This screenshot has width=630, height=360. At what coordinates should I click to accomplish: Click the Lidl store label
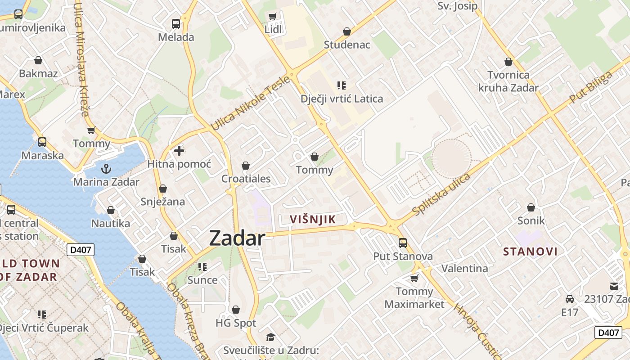(273, 29)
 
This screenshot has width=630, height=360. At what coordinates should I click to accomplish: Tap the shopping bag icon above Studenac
(346, 31)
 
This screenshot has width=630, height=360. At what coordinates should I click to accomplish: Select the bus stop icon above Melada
(176, 23)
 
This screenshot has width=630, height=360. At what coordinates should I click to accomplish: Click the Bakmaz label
(38, 73)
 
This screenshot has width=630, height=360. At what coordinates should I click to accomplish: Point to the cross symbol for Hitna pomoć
(179, 151)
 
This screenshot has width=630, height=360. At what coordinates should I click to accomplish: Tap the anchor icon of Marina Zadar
(106, 169)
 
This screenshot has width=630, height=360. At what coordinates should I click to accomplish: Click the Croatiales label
(246, 179)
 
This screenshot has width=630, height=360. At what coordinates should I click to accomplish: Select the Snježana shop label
(162, 201)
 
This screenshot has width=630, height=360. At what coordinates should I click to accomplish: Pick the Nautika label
(111, 223)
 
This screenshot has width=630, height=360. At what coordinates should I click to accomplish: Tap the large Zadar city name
(237, 238)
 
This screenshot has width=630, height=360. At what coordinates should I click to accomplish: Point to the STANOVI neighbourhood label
(530, 252)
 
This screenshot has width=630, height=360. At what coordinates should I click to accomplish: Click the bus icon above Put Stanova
(403, 243)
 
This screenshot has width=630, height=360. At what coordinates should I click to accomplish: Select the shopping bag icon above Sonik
(531, 207)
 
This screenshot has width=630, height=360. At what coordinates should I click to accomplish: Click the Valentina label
(464, 269)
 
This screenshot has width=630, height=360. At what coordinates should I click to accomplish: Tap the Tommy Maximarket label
(414, 298)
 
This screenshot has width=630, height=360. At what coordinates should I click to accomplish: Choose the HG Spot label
(236, 323)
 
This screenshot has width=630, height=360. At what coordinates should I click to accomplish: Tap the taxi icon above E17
(570, 299)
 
